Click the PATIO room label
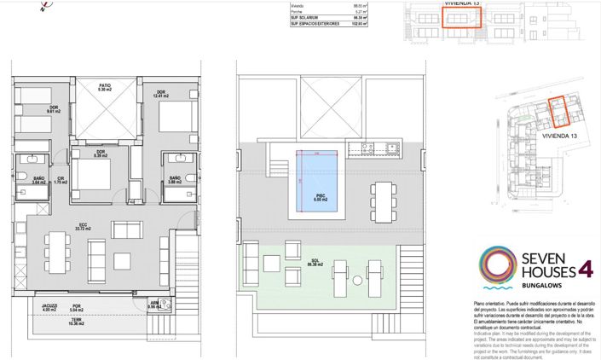(104, 87)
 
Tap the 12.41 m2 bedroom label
(159, 94)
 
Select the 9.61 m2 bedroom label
(52, 109)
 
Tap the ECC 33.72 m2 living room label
(84, 227)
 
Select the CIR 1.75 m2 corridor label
(60, 180)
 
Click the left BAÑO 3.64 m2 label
(38, 180)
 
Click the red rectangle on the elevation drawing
(461, 19)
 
